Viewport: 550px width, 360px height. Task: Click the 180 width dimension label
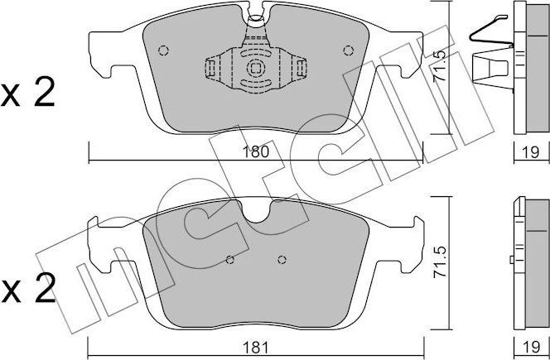pyautogui.click(x=256, y=152)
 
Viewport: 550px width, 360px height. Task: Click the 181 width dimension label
pyautogui.click(x=256, y=348)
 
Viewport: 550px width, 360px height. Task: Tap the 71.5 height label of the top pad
pyautogui.click(x=440, y=65)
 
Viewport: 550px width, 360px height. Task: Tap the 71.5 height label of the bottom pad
pyautogui.click(x=440, y=262)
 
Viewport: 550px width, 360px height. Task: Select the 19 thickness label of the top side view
pyautogui.click(x=531, y=152)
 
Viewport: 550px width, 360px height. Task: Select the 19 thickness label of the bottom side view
pyautogui.click(x=531, y=348)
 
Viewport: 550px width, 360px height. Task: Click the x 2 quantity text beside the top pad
pyautogui.click(x=28, y=92)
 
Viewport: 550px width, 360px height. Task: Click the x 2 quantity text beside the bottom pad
pyautogui.click(x=28, y=288)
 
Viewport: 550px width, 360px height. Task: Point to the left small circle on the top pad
pyautogui.click(x=163, y=50)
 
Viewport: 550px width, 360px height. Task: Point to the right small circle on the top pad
pyautogui.click(x=349, y=50)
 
